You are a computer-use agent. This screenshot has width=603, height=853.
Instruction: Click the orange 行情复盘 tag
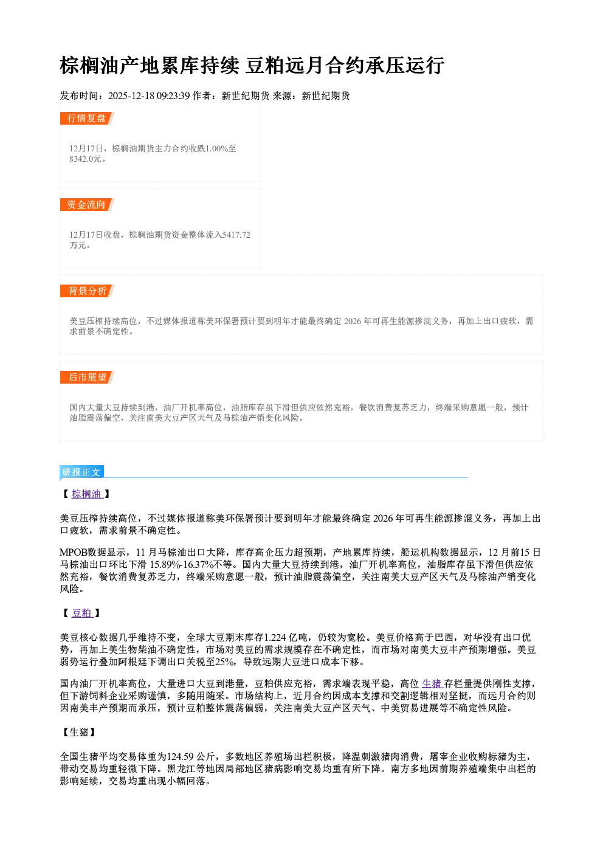click(x=87, y=118)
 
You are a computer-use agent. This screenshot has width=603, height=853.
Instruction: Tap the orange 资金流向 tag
click(x=87, y=204)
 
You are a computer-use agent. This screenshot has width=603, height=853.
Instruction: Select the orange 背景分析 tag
click(x=87, y=291)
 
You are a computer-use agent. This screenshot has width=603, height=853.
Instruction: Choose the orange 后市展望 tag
click(x=87, y=378)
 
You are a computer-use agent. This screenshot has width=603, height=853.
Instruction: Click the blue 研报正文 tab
click(x=81, y=472)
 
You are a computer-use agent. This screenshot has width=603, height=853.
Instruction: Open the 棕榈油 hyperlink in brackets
click(x=86, y=494)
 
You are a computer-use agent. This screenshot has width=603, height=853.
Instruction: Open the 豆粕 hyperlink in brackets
click(x=82, y=613)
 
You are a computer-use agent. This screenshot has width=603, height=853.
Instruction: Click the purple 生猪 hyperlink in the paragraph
click(x=432, y=683)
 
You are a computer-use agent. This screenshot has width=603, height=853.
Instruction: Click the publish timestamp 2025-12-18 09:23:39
click(x=149, y=95)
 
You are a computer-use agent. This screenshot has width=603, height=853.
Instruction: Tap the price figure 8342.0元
click(x=86, y=159)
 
